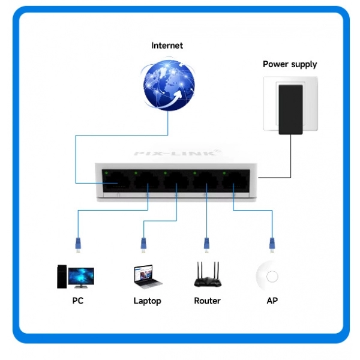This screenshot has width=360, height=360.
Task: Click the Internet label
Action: click(167, 46)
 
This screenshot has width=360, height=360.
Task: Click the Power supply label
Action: click(290, 64)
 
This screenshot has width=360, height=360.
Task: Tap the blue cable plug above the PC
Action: click(77, 243)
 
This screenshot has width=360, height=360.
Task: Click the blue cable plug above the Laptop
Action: click(143, 243)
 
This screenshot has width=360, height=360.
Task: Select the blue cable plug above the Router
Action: click(207, 243)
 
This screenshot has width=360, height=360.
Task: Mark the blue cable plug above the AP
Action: click(271, 243)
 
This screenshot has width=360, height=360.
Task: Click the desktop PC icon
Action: click(76, 275)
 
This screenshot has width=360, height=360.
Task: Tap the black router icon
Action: click(207, 275)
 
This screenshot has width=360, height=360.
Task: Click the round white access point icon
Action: click(272, 277)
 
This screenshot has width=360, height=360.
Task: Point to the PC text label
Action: click(77, 301)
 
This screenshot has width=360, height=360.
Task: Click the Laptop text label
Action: click(147, 301)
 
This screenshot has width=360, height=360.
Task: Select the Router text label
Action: click(207, 301)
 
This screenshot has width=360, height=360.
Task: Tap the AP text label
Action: click(272, 301)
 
